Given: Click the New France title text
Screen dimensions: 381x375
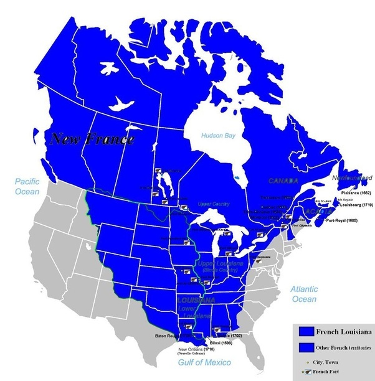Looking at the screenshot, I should [x=92, y=139].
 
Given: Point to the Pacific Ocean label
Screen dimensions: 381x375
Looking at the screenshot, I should [x=27, y=186].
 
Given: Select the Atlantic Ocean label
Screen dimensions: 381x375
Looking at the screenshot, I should [x=304, y=294].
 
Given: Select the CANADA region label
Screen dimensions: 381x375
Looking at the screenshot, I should [x=283, y=181].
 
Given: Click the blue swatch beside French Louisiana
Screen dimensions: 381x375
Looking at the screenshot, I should [x=305, y=331].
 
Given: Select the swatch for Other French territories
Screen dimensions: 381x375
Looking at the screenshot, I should [x=305, y=347].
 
